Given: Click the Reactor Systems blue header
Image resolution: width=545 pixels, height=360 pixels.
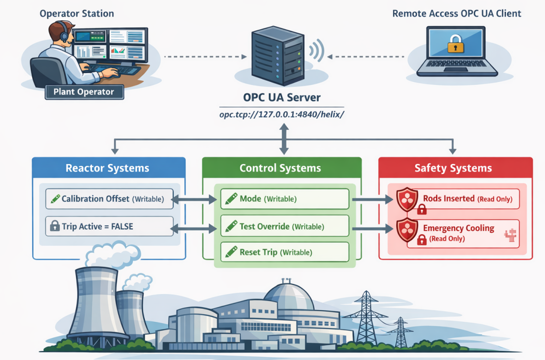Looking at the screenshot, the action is (109, 168).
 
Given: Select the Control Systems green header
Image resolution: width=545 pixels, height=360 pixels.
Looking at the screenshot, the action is (282, 168).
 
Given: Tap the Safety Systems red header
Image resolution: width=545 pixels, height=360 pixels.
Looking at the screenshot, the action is (456, 168).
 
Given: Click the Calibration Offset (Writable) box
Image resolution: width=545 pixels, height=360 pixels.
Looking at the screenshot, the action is (110, 199).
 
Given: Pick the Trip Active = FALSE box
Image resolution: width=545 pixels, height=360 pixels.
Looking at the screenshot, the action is (110, 226).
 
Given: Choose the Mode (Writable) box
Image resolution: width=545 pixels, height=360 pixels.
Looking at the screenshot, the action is (285, 199).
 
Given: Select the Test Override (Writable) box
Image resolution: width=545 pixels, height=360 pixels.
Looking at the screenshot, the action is (285, 226).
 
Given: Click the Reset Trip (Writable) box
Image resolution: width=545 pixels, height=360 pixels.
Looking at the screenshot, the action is (285, 252).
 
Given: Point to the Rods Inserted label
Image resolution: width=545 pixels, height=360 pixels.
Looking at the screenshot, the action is (449, 199).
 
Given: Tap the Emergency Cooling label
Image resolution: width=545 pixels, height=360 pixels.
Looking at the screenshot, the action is (459, 228).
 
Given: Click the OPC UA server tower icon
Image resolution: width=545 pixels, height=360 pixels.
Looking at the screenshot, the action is (278, 56).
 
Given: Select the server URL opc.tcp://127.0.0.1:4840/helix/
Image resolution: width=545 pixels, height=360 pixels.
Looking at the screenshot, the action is (282, 114).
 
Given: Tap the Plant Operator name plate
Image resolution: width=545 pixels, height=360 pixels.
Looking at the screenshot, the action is (84, 92).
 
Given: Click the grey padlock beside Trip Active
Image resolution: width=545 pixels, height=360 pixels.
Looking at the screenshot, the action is (55, 226).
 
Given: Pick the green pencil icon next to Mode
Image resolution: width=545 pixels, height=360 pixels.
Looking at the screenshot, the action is (231, 199).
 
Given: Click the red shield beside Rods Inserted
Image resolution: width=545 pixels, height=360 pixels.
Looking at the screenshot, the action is (407, 199).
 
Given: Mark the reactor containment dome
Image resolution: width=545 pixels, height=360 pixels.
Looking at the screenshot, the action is (289, 297).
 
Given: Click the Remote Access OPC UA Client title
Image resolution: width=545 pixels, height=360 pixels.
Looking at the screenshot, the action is (457, 14).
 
